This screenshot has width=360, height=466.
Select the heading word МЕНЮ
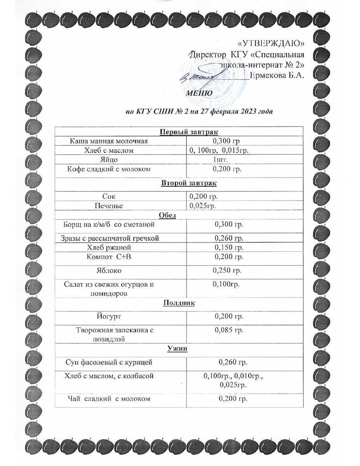pos(199,93)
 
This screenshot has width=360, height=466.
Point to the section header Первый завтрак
pos(186,132)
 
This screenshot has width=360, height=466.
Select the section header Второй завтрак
pos(186,183)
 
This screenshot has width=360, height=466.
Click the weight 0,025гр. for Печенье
pos(203,205)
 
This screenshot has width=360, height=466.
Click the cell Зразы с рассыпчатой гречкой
pos(110,238)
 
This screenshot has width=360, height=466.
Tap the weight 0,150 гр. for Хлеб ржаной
pos(229,247)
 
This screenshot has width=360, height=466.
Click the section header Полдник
pos(179,303)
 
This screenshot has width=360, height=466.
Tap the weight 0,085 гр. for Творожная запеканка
pos(229,330)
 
